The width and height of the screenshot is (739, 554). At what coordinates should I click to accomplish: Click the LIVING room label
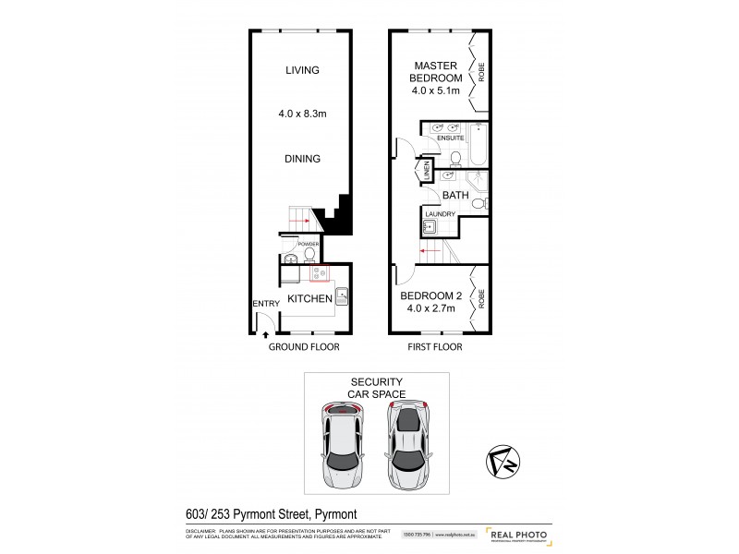(x=302, y=70)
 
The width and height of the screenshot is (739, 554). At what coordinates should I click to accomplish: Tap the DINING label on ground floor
(x=302, y=159)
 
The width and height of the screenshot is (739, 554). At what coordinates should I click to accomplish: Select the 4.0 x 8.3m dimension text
(x=302, y=115)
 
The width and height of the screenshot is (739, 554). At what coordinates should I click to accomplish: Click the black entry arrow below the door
(x=266, y=334)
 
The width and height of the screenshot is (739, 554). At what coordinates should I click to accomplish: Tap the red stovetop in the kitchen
(x=321, y=273)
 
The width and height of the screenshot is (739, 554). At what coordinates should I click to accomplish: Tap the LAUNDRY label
(x=441, y=214)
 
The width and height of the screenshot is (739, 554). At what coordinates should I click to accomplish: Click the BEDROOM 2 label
(x=431, y=297)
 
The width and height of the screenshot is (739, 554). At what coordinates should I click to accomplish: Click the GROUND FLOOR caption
(x=304, y=348)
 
